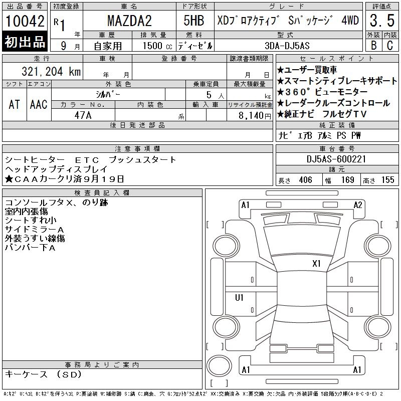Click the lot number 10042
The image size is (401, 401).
[x=25, y=21]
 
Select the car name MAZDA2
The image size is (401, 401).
[x=129, y=21]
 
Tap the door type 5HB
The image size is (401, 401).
[x=194, y=21]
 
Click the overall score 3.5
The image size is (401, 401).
[x=382, y=21]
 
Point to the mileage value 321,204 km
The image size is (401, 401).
[x=51, y=71]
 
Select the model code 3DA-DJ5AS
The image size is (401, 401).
[x=287, y=46]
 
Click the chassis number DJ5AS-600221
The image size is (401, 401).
[x=336, y=159]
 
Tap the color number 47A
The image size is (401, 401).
[x=83, y=115]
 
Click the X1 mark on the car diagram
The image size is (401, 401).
[x=316, y=264]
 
